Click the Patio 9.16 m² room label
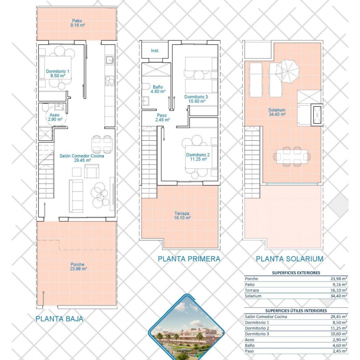(78, 23)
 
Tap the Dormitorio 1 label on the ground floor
(57, 73)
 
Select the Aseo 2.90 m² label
(55, 117)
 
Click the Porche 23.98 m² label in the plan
(78, 267)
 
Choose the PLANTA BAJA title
(59, 318)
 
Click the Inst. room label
(155, 51)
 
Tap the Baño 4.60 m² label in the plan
(158, 89)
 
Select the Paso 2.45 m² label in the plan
(162, 118)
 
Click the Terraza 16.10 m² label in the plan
(182, 216)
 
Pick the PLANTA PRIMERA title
(189, 259)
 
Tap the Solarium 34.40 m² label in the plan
(277, 112)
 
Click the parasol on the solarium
(288, 71)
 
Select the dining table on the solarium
(292, 156)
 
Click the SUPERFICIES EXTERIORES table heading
(296, 273)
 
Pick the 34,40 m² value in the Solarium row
(339, 296)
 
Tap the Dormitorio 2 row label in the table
(257, 328)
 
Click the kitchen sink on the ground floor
(110, 60)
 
